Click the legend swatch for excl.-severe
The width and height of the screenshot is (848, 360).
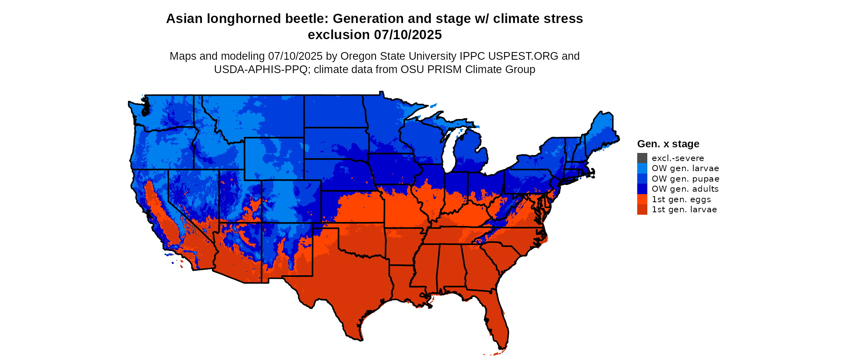point(642,158)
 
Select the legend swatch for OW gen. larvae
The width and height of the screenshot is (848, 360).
point(642,168)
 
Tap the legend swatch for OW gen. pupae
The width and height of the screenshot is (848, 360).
point(642,179)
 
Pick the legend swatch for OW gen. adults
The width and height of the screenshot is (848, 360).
point(642,189)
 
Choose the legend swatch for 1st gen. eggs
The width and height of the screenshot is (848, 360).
point(642,199)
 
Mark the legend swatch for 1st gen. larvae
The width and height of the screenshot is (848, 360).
point(642,209)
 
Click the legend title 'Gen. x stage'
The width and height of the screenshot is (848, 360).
point(668,144)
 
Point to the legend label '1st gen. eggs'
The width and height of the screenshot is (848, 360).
point(681,199)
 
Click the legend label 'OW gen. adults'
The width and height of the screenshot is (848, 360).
point(685,189)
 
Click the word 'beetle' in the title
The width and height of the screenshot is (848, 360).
point(309,19)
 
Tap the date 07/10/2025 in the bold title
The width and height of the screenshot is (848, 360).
point(407,35)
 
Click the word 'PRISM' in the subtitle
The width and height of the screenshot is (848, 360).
point(446,69)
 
